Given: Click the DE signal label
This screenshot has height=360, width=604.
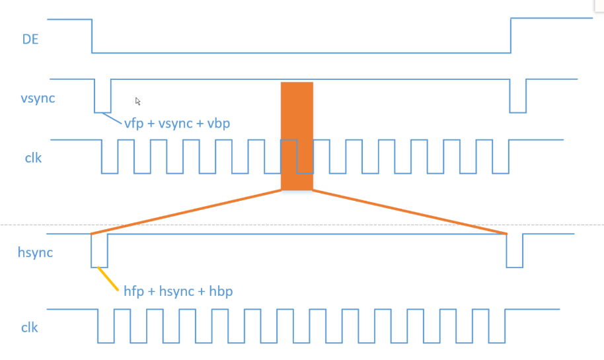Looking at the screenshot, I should pos(30,39).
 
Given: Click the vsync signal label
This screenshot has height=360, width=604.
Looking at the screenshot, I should pos(38,99).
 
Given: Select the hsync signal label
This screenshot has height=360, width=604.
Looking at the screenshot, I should pos(36,252).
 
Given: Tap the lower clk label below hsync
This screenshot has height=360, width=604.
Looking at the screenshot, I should pos(30,327).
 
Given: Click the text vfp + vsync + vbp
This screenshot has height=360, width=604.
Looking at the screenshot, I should pos(176,123).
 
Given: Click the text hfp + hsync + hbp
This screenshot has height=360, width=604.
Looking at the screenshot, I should pos(178,291).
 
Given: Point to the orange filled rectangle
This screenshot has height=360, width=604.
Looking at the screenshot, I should pos(297,136).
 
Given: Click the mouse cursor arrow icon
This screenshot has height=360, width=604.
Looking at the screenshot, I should pos(138,101).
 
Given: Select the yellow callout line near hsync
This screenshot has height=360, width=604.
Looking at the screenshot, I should pos(108,278).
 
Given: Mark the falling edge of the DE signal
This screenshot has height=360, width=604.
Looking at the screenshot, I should pos(92,36).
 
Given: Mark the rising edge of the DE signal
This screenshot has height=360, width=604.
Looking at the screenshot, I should pos(511,36).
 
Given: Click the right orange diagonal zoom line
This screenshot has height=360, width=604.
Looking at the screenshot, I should pos(410,212).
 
